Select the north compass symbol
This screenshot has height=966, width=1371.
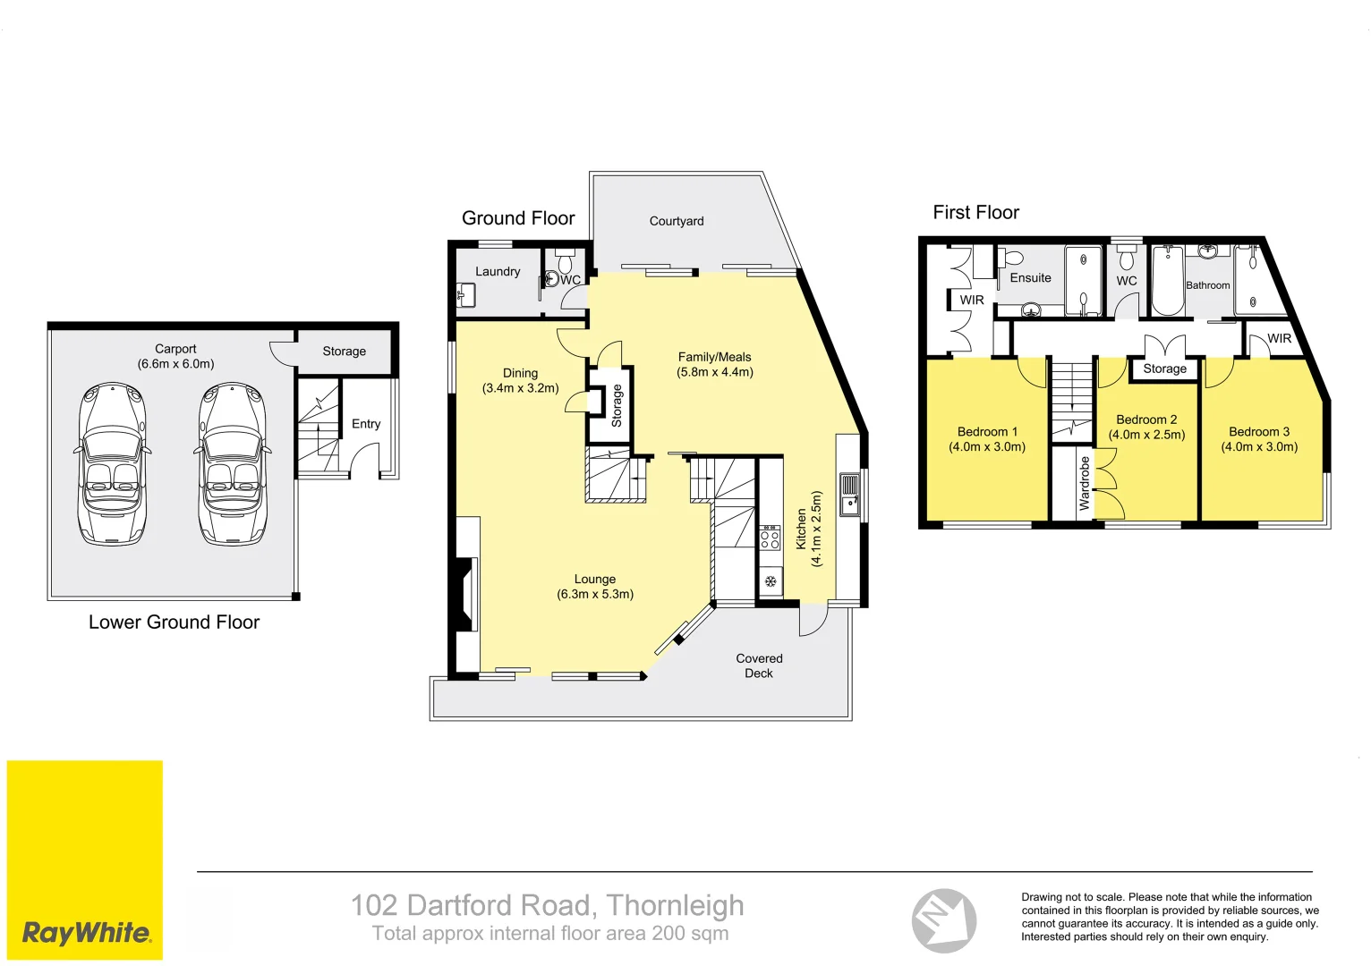pos(943,920)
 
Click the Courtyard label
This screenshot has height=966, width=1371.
pos(676,221)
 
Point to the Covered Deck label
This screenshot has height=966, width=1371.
pos(759,665)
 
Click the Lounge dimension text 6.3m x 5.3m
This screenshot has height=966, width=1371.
pos(595,594)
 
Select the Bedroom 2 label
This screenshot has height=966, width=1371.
pos(1146,419)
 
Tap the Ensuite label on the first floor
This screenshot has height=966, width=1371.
pos(1030,278)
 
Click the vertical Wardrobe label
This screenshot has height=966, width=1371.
pos(1085,483)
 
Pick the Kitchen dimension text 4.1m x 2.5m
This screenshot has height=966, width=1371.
pos(816,528)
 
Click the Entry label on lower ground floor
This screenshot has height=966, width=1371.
pos(366,424)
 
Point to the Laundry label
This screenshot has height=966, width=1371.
pos(498,272)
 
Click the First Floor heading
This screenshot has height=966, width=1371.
pos(975,213)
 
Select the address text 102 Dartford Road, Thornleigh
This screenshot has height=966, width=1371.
pos(547,905)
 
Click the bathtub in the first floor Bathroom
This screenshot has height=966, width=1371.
pos(1167,281)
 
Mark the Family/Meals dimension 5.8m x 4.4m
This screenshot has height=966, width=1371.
pos(714,372)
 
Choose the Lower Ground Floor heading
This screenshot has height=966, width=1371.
pos(174,623)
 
